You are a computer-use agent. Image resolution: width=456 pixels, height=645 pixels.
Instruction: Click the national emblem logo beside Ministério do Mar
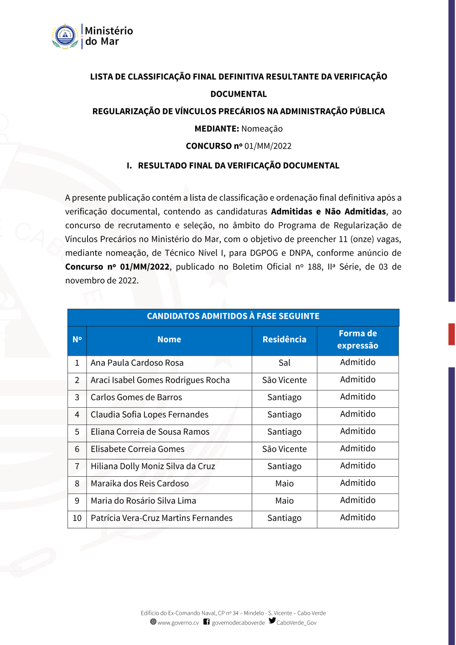click(x=65, y=36)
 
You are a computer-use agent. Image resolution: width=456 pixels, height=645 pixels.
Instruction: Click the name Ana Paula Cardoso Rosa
click(x=137, y=363)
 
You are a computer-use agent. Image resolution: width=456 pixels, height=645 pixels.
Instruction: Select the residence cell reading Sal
click(x=284, y=363)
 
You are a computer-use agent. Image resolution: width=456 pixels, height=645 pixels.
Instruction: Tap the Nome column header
click(x=169, y=340)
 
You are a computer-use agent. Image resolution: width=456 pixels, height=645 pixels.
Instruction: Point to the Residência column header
click(x=284, y=340)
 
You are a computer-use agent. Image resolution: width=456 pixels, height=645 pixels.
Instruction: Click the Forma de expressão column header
click(x=358, y=340)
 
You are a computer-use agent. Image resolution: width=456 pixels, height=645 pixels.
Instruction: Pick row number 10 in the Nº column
click(x=77, y=518)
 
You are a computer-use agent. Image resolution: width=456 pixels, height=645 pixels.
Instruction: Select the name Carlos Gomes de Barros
click(x=136, y=398)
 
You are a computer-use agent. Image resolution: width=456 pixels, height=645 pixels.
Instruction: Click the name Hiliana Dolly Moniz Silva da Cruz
click(x=153, y=467)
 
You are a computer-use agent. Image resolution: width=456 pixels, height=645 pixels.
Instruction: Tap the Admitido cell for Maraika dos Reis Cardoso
click(x=358, y=483)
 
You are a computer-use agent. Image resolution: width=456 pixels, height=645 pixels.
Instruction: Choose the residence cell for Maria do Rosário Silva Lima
click(x=284, y=501)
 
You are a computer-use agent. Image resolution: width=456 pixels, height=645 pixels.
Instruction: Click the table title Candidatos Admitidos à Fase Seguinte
click(x=233, y=317)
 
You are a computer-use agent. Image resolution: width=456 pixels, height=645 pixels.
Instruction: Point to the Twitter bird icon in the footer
click(x=272, y=621)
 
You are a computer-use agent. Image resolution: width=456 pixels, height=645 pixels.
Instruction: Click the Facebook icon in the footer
click(x=207, y=622)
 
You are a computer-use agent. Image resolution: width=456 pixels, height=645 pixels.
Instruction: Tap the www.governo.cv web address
click(x=178, y=623)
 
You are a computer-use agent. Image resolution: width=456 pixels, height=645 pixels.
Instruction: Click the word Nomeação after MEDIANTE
click(x=262, y=129)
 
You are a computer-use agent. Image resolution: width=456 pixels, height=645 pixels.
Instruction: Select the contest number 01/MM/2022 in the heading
click(x=268, y=146)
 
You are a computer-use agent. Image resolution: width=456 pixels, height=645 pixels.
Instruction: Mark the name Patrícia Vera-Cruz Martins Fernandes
click(x=161, y=518)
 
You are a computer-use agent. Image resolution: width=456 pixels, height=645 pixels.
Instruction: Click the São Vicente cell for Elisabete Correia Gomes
click(x=284, y=449)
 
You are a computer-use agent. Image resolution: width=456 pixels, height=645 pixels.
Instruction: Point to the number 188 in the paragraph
click(x=315, y=267)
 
